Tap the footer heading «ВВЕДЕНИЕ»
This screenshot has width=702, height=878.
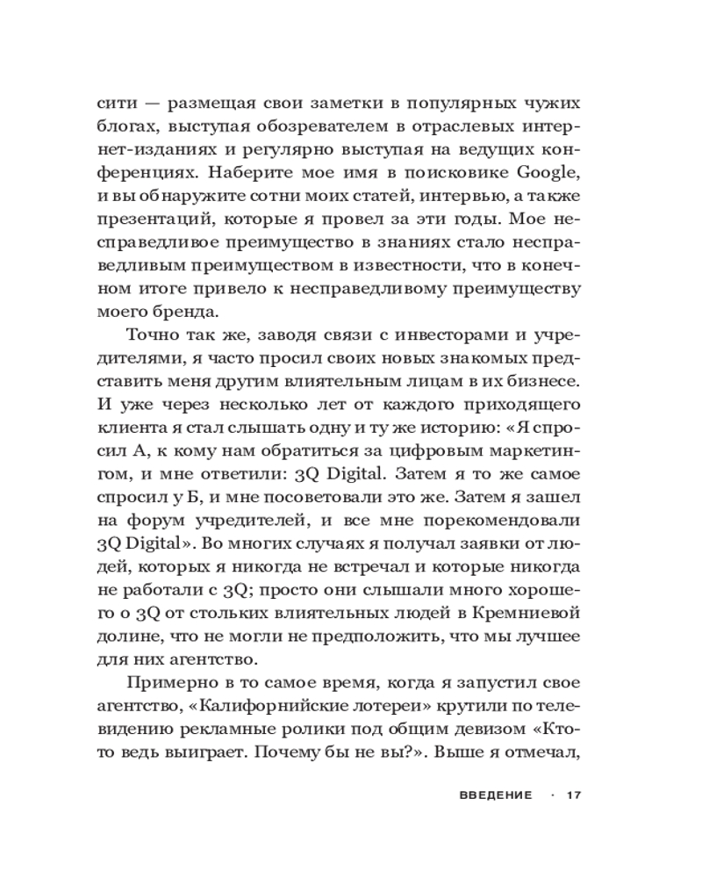point(495,795)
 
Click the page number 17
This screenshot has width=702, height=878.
point(575,795)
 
